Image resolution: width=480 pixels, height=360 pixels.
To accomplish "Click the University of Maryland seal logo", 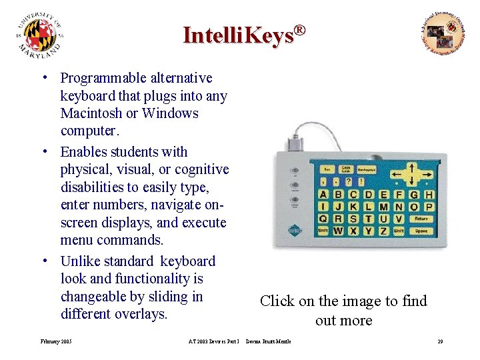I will coord(41,37).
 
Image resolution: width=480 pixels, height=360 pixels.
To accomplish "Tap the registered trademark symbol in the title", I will coord(300,30).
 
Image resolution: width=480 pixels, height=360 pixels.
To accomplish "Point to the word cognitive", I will coord(199,169).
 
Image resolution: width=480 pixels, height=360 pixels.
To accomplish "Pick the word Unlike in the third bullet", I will coord(83,261).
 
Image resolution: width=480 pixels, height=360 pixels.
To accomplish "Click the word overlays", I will coord(141,313).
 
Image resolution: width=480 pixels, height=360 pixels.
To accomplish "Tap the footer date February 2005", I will coord(57,342).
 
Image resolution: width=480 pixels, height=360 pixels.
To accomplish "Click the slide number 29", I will coord(440,342).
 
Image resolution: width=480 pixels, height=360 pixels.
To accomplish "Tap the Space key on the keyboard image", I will coord(421,231).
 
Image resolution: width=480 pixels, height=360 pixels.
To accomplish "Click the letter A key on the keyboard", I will coord(323,195).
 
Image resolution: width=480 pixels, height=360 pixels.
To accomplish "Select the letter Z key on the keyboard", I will coord(383,231).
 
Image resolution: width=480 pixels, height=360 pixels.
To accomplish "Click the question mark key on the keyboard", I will coord(349,181).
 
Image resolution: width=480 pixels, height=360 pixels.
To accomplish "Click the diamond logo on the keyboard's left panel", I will coord(295,231).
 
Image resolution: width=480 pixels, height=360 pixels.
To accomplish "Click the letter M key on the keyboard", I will coord(383,207).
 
